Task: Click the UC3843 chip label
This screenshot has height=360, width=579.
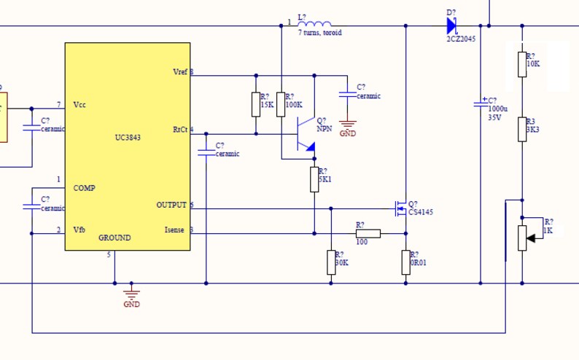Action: (x=128, y=137)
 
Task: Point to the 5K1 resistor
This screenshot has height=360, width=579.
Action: (x=314, y=179)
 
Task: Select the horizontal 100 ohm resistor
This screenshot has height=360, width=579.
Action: (x=368, y=234)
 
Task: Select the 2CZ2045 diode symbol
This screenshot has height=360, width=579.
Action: (x=451, y=26)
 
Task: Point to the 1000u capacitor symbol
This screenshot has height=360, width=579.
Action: (x=481, y=103)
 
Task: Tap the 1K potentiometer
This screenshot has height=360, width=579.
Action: (x=522, y=238)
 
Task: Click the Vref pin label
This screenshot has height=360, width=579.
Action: (x=179, y=72)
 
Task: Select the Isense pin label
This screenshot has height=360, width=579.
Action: (x=176, y=231)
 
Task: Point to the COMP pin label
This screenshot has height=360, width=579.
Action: (x=84, y=188)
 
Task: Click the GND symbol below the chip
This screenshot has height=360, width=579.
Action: (x=131, y=294)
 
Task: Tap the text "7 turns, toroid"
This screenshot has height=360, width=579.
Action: (x=319, y=33)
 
